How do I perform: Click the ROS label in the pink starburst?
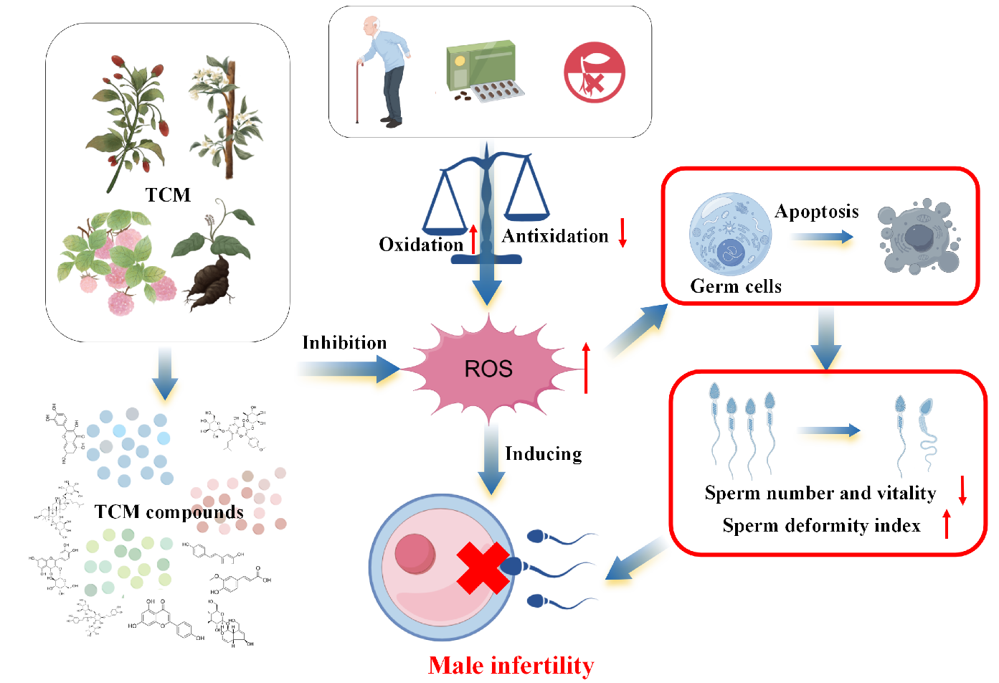point(488,369)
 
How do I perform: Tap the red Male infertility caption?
point(511,665)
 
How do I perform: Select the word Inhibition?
point(344,343)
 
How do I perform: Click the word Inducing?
point(543,453)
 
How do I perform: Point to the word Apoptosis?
point(816,212)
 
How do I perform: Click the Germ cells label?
point(735,286)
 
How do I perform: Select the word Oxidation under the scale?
point(421,245)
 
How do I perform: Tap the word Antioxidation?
point(554,236)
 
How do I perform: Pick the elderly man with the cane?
point(383,72)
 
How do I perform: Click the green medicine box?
point(480,65)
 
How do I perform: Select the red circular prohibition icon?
point(594,72)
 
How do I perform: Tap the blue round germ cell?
point(730,234)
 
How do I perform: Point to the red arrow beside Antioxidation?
point(622,232)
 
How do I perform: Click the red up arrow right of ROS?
point(586,367)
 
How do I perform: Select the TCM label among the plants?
point(168,195)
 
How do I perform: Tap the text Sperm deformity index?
point(821,526)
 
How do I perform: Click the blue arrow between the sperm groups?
point(828,430)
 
